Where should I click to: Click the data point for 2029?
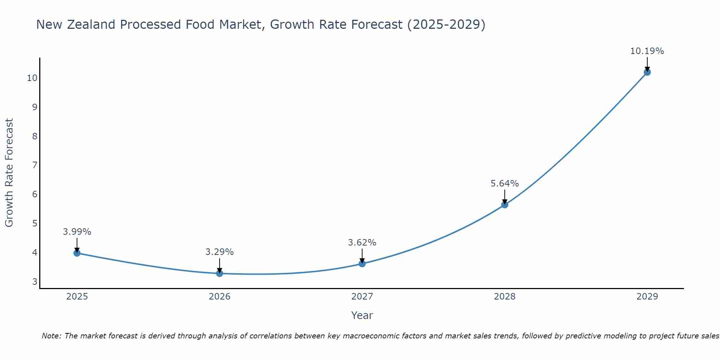(647, 72)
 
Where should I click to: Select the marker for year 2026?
(220, 273)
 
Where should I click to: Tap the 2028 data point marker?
(504, 205)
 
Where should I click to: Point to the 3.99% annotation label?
(77, 231)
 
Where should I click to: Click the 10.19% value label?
(647, 51)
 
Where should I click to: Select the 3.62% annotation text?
(362, 242)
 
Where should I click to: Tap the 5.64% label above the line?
(504, 184)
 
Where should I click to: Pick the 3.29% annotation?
(220, 252)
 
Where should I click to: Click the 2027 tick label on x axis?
(362, 297)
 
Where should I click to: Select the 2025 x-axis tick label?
(77, 297)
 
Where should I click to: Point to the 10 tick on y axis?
(32, 78)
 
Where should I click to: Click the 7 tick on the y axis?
(35, 165)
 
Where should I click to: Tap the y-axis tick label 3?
(35, 282)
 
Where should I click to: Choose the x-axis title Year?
(362, 315)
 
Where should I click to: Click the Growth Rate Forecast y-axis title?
(9, 173)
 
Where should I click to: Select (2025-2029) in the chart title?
(446, 24)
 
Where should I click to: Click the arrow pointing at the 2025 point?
(77, 245)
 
